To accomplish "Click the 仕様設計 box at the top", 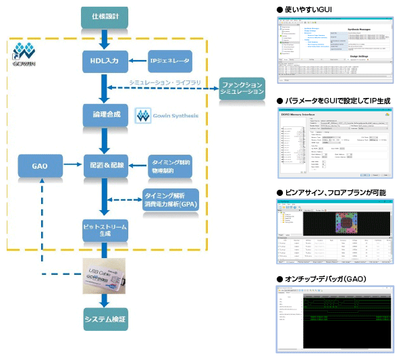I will (x=104, y=14).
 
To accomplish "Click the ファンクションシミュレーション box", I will (x=242, y=90).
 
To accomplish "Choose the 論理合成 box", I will (x=104, y=114).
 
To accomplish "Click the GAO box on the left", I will (x=40, y=163).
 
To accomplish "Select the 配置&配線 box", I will (x=104, y=163).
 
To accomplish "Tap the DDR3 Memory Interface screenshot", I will (x=334, y=145).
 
